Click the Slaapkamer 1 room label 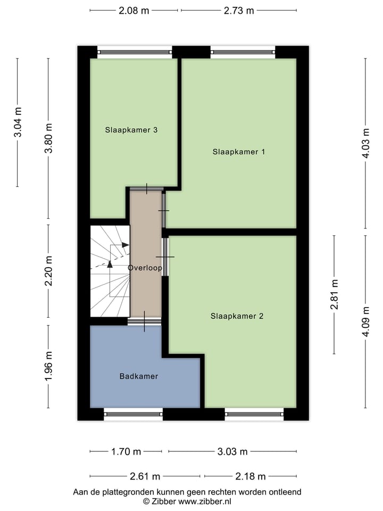239,152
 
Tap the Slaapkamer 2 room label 237,316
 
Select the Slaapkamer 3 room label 131,129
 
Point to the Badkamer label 138,376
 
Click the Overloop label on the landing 145,268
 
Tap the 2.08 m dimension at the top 134,10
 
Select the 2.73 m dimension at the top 239,10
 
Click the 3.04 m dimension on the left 18,122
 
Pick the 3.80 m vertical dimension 48,138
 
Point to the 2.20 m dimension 48,270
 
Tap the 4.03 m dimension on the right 365,143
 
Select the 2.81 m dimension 335,295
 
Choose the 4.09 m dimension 365,321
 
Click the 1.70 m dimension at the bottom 126,452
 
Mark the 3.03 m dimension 232,452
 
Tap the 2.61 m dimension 145,476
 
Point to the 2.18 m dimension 251,476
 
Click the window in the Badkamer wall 133,414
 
